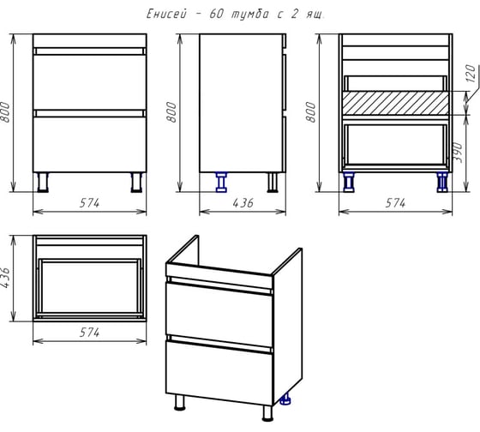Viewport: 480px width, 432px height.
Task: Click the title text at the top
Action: (235, 14)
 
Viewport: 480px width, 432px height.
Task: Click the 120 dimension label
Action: (471, 74)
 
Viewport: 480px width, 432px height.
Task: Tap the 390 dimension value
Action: (457, 153)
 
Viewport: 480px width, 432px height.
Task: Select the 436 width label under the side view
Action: (243, 203)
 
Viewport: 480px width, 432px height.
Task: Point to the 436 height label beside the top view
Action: (6, 278)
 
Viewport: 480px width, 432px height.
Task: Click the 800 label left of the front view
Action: (6, 112)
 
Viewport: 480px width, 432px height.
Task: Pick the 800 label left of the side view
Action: (171, 112)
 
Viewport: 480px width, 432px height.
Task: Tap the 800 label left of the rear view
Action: (310, 112)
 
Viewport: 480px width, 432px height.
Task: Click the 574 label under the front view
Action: (89, 203)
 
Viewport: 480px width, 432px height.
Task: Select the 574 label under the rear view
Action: (395, 203)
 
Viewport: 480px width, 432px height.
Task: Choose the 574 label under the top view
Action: (89, 333)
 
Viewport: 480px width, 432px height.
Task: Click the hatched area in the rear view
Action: (395, 103)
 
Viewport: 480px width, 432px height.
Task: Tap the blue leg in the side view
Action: (221, 183)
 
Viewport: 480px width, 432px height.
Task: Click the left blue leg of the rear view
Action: (349, 183)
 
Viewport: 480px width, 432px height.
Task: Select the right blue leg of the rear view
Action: (441, 183)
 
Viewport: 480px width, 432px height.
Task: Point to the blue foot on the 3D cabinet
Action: (285, 399)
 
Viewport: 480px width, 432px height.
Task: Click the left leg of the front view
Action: (43, 183)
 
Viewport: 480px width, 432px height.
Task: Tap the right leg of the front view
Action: (136, 183)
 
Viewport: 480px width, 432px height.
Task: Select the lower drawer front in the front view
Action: (90, 145)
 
